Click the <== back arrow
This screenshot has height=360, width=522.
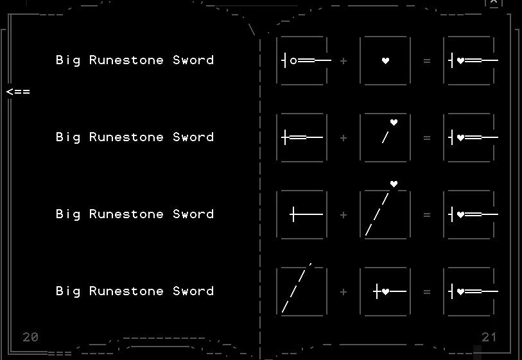coord(18,92)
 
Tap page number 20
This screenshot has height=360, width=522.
coord(30,338)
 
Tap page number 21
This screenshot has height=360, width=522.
coord(489,338)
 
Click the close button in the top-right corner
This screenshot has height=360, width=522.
coord(493,3)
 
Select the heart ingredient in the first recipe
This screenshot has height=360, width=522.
coord(385,61)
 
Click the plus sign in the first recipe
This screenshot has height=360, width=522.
coord(344,61)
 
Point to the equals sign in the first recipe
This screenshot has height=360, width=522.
coord(427,61)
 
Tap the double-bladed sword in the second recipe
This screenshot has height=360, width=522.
coord(302,137)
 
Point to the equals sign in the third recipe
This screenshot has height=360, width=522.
coord(427,214)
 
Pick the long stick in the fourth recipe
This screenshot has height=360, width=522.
coord(297,289)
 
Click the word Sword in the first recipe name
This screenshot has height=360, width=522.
coord(193,60)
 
